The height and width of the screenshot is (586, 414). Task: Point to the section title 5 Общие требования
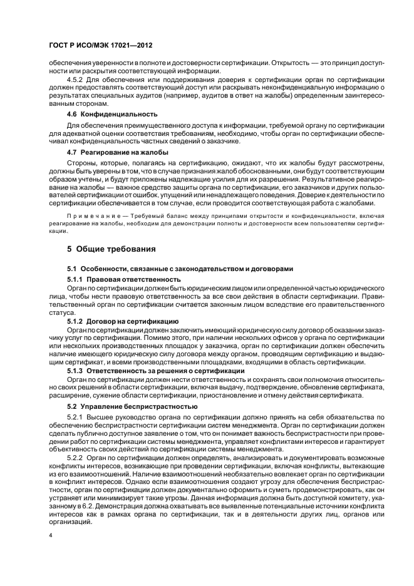(x=111, y=249)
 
